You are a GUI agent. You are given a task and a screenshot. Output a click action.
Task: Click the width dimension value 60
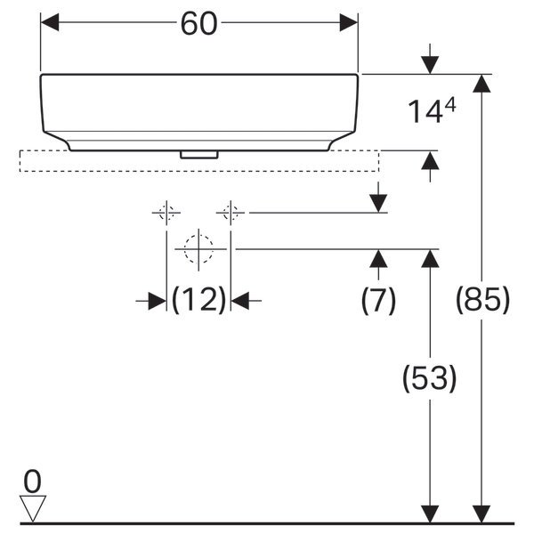pos(198,24)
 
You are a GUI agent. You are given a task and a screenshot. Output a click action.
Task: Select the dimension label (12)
pos(198,301)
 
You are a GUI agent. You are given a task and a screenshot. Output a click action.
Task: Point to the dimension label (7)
pos(378,301)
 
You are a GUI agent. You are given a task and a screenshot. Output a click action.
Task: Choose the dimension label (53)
pos(430,378)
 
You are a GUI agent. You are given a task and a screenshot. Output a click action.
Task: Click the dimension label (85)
pos(482,301)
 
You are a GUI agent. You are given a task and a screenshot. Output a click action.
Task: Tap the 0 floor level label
pos(32,481)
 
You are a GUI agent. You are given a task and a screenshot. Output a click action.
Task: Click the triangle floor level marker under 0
pos(33,508)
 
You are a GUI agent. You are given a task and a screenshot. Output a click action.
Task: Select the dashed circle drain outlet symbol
pos(198,249)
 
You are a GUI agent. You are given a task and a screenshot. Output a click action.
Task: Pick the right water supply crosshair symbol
pos(231,213)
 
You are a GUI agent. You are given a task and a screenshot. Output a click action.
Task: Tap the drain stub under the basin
pos(198,154)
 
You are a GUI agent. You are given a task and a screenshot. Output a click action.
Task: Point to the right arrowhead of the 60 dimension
pos(348,24)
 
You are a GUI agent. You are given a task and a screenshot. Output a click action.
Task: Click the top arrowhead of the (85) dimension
pos(482,84)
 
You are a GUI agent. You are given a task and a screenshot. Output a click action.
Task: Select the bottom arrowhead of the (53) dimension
pos(430,514)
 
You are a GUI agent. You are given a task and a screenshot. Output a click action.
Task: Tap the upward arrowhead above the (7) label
pos(378,259)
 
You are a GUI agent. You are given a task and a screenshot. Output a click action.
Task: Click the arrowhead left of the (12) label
pos(157,301)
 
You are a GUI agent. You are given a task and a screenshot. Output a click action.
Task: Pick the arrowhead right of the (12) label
pos(241,301)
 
